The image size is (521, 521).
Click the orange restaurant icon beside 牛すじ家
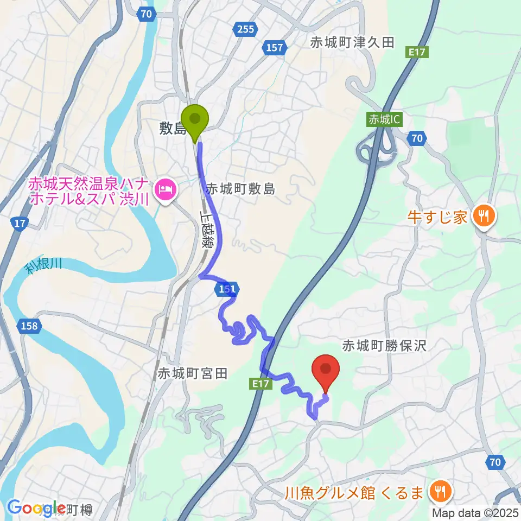[482, 217]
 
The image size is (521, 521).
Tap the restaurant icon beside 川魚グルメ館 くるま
[439, 492]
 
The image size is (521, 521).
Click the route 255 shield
[245, 29]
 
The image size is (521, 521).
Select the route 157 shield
[275, 48]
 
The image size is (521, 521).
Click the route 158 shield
[30, 326]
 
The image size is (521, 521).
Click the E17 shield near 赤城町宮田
[261, 384]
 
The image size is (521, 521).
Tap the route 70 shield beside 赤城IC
[416, 139]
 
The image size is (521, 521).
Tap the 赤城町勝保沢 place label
[385, 345]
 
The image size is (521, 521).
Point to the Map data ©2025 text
[475, 512]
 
